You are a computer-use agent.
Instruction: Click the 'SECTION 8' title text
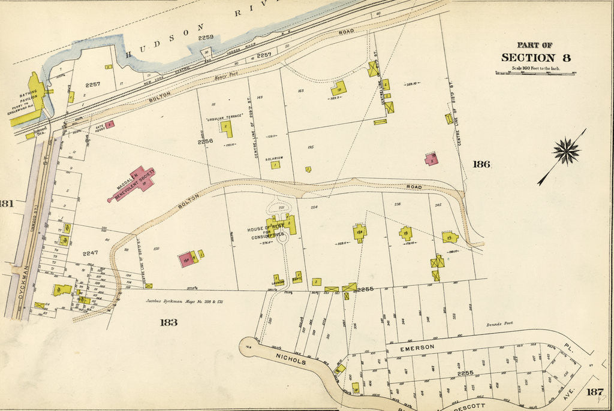(x=535, y=58)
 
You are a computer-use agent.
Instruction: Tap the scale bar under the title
(x=535, y=72)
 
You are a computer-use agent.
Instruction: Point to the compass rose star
(x=565, y=150)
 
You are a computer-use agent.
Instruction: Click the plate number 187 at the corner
(x=594, y=392)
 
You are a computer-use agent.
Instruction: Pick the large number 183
(x=170, y=322)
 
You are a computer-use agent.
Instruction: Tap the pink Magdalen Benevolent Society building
(x=135, y=183)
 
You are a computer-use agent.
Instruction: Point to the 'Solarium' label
(x=275, y=158)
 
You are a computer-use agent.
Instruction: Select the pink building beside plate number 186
(x=431, y=159)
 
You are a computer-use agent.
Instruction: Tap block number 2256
(x=204, y=142)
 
